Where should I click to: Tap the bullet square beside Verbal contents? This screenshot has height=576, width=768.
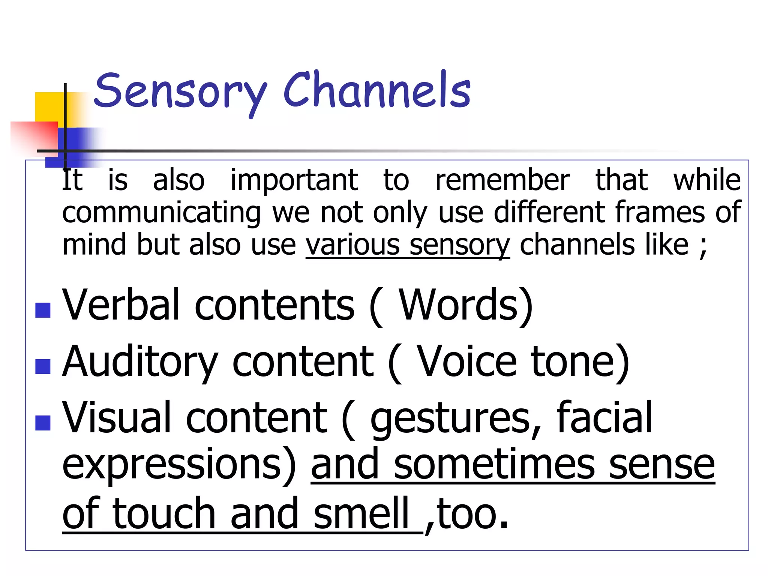[x=43, y=310]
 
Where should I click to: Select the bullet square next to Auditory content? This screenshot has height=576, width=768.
[x=43, y=366]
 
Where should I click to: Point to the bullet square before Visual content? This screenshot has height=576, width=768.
[x=43, y=423]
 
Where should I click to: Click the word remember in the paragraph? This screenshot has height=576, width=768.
[x=502, y=180]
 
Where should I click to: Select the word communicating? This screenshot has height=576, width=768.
[x=161, y=213]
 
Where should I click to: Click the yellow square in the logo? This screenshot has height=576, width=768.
[x=49, y=107]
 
